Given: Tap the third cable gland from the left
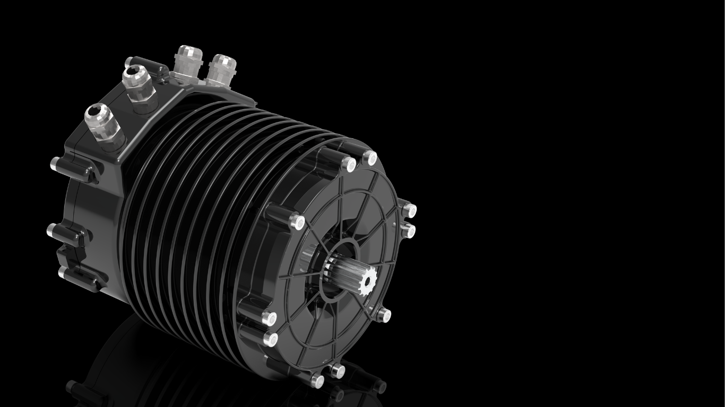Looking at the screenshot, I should (x=188, y=59).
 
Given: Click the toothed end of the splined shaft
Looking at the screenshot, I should (x=367, y=276).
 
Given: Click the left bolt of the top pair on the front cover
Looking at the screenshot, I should (x=349, y=164).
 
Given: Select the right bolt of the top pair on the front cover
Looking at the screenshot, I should (x=370, y=158).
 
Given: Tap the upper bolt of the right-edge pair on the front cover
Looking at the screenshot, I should (x=409, y=210).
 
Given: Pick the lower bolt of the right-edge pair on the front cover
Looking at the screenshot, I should (x=408, y=231).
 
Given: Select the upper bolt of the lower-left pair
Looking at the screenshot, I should (x=270, y=318).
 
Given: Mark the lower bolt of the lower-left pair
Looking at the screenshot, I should (x=271, y=339).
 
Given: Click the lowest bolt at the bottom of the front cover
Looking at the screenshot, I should (x=317, y=379).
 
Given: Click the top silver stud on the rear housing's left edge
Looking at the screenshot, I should (x=54, y=164).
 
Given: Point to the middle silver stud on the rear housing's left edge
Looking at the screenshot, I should (x=51, y=231).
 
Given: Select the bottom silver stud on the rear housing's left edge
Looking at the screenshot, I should (x=62, y=272).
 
